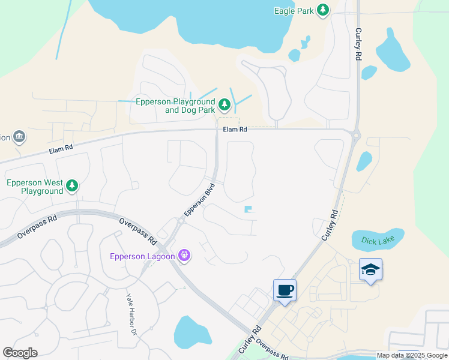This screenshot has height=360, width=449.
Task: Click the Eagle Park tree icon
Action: [x=323, y=10]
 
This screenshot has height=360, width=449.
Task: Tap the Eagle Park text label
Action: [x=294, y=10]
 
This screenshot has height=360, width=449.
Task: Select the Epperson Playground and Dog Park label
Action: [x=173, y=106]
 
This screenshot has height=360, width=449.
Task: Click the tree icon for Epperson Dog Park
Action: [x=224, y=106]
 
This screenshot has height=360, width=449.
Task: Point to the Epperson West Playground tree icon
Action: [x=72, y=186]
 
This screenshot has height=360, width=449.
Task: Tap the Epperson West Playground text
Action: [x=35, y=187]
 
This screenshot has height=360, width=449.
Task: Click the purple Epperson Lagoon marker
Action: [x=184, y=256]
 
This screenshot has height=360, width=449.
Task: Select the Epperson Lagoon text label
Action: [x=142, y=256]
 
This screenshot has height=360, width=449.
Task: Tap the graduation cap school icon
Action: [x=370, y=271]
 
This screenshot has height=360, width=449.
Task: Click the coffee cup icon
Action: [x=285, y=291]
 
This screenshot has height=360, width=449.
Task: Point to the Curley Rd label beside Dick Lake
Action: [x=330, y=225]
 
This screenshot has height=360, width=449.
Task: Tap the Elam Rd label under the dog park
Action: [x=235, y=129]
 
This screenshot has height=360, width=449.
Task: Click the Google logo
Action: [x=20, y=353]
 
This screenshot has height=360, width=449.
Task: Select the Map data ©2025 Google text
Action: [x=412, y=355]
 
